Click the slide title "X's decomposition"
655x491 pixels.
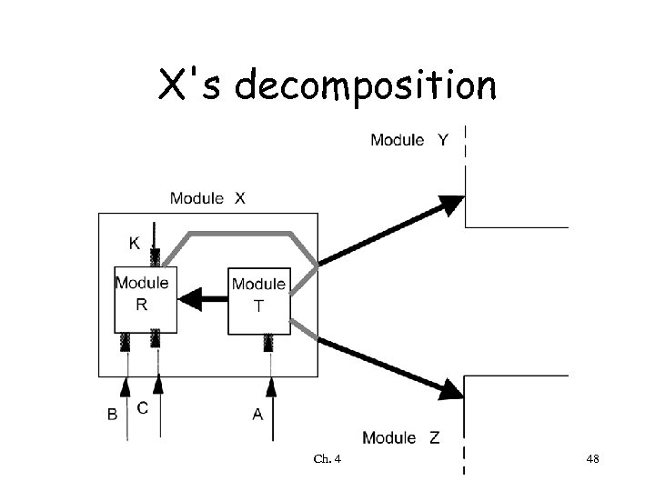[327, 86]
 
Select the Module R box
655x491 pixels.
[141, 299]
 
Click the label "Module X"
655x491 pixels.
[207, 197]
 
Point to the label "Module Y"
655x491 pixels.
[408, 140]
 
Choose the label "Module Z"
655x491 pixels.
[401, 437]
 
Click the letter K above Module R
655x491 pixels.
[134, 244]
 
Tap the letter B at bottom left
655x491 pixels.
[113, 414]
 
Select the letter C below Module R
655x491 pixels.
[143, 408]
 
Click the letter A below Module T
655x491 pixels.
[257, 414]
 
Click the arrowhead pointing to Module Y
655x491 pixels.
[451, 205]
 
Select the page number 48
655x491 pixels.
[592, 459]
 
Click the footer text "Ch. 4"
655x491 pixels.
[327, 459]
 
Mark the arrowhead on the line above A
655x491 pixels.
[270, 389]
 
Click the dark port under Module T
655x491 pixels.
[270, 343]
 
